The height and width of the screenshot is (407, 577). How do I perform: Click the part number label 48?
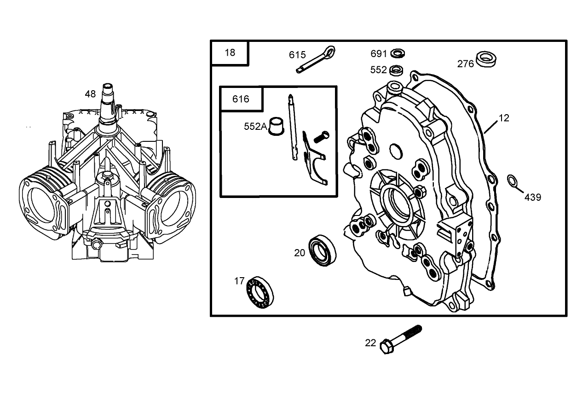point(90,94)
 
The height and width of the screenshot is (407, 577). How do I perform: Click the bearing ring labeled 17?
point(260,292)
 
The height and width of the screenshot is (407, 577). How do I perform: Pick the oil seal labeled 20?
point(322,250)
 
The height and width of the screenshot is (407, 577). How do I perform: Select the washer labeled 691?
point(398,53)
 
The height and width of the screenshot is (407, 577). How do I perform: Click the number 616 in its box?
point(241,99)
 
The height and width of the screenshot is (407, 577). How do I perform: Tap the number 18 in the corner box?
point(230,52)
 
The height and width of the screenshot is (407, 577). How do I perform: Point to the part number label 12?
point(504,118)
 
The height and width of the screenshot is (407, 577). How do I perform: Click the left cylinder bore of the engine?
point(42,202)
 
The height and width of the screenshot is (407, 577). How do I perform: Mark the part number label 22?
point(370,343)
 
